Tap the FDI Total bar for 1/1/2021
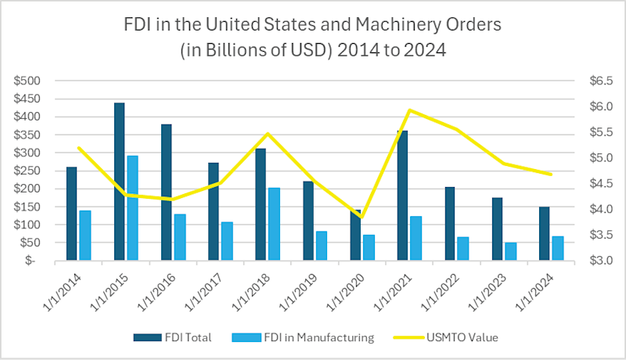pos(401,196)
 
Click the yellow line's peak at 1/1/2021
pos(410,110)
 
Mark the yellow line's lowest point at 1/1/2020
pos(362,218)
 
